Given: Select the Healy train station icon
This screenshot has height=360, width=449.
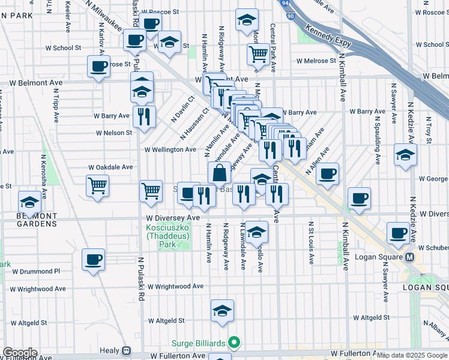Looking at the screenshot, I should pyautogui.click(x=127, y=351).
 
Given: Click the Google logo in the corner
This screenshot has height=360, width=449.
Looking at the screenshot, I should pyautogui.click(x=19, y=353).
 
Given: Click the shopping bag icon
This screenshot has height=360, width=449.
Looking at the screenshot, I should pyautogui.click(x=220, y=173).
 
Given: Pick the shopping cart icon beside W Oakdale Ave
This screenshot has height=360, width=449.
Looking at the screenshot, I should pyautogui.click(x=97, y=185).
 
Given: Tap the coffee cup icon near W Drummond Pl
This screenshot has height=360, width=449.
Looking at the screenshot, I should pyautogui.click(x=94, y=260).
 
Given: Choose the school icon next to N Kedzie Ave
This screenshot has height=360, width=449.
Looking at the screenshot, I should pyautogui.click(x=405, y=155).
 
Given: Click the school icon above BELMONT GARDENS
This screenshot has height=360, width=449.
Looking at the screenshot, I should pyautogui.click(x=29, y=201).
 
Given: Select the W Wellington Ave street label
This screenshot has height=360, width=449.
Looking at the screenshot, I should pyautogui.click(x=170, y=149).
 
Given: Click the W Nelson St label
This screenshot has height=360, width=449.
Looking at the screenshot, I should pyautogui.click(x=113, y=133).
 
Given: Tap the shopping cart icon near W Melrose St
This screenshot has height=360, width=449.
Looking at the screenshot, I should pyautogui.click(x=258, y=54).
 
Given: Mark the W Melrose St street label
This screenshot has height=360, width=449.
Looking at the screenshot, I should pyautogui.click(x=316, y=61).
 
